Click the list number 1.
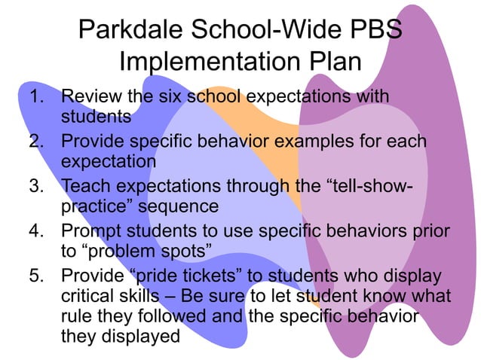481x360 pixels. click(x=37, y=98)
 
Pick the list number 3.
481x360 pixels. click(x=37, y=185)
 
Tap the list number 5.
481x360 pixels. click(x=37, y=273)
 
